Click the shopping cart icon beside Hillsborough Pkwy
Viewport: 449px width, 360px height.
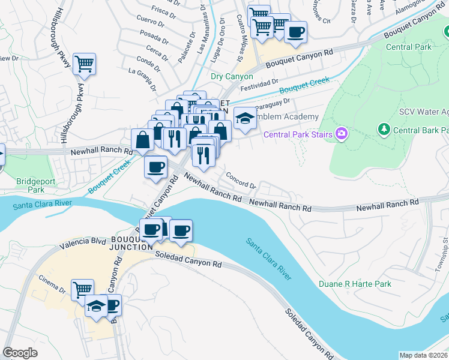pos(84,64)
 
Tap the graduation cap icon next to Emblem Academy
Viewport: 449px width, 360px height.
pos(244,118)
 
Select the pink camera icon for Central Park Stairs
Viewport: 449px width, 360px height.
pos(342,133)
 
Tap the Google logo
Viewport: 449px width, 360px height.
pos(20,353)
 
